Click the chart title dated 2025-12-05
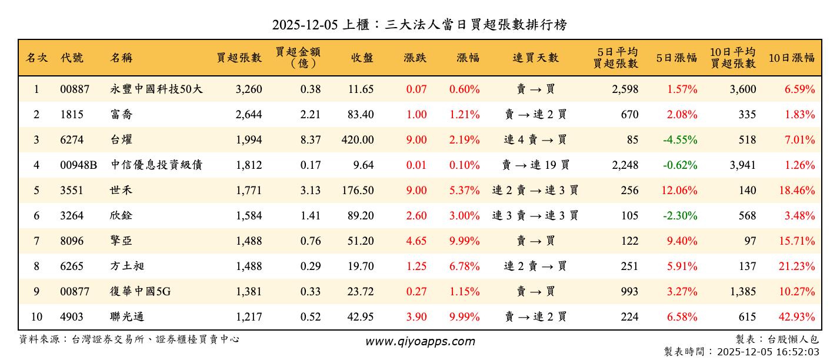pos(419,25)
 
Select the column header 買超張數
pos(239,58)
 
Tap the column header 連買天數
pos(535,58)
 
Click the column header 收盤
pos(362,58)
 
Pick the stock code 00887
pos(75,89)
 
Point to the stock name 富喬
pos(122,115)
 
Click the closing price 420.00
pos(357,140)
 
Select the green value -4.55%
pos(680,140)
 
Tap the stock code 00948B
pos(78,165)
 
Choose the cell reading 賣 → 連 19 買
pos(535,165)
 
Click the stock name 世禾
pos(122,191)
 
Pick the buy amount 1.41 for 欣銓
pos(311,216)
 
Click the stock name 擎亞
pos(122,241)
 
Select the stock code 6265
pos(72,266)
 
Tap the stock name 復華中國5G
pos(141,292)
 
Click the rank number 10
pos(36,317)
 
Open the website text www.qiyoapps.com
pos(420,342)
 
